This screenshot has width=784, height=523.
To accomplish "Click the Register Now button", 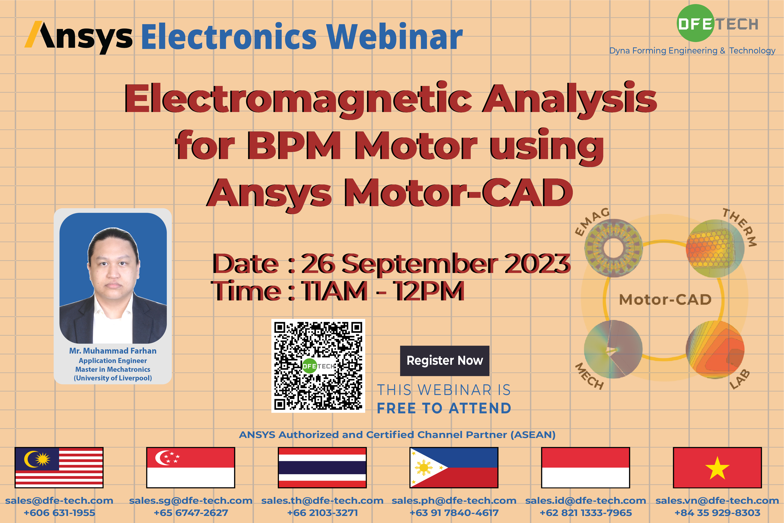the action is point(445,361).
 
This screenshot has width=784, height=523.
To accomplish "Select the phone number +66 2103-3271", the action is point(322,513).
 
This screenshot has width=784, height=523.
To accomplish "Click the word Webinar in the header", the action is point(395,37).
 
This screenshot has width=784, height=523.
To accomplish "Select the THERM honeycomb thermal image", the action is point(715,248).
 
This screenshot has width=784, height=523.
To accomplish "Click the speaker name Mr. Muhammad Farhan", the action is point(113,351).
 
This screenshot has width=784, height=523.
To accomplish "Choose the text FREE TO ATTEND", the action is point(444,408).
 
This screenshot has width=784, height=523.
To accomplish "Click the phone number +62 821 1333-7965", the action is point(586,513).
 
